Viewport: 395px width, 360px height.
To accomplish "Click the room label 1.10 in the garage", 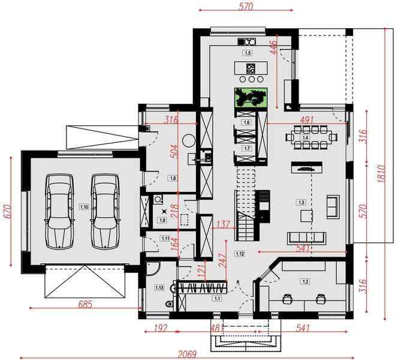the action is (84, 207).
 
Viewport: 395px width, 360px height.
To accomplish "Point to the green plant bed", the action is (251, 97).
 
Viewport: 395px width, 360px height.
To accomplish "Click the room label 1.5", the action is (248, 53).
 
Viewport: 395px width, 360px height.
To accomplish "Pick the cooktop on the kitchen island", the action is (251, 68).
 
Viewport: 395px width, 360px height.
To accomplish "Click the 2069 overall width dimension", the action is (187, 355).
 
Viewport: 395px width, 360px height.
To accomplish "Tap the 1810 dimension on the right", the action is (381, 173).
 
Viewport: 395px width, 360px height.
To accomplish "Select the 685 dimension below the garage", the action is (85, 304).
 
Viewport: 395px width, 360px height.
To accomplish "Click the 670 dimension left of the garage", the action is (7, 211).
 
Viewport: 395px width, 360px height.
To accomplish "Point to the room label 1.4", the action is (305, 137).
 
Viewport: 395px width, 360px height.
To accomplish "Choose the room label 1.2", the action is (305, 281).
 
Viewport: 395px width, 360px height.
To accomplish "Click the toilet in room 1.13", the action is (169, 304).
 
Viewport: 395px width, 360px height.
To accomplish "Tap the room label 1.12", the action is (240, 254).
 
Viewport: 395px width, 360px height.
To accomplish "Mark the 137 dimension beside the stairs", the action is (223, 224).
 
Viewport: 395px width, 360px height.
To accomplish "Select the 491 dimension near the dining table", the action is (306, 120).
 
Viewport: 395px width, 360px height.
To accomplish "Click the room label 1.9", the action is (162, 220).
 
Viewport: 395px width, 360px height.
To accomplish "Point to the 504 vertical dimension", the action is (174, 151).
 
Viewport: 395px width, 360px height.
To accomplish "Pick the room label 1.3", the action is (301, 202).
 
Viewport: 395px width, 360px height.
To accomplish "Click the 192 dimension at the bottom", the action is (161, 328).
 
